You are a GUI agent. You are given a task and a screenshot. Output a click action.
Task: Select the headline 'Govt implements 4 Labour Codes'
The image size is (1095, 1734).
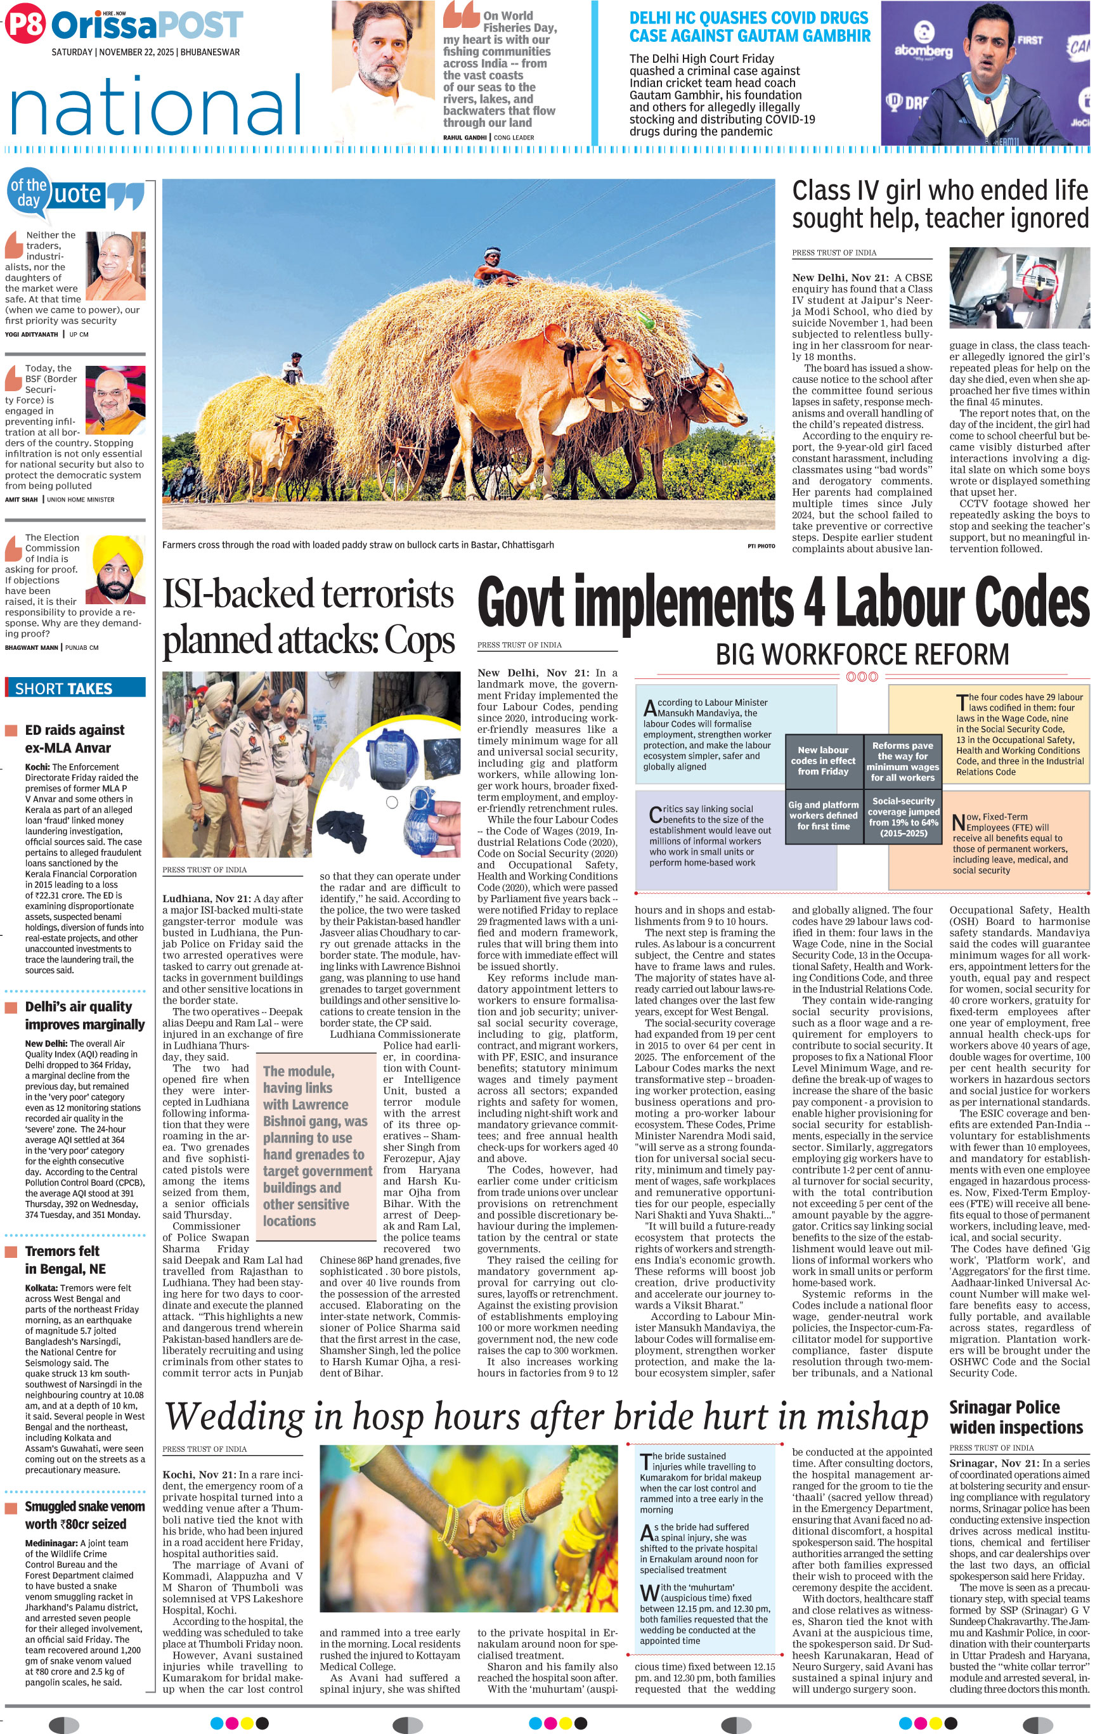783,603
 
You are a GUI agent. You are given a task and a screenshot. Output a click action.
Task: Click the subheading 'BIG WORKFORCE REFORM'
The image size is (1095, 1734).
862,654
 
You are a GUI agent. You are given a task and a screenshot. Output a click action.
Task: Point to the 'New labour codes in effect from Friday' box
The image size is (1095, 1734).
823,760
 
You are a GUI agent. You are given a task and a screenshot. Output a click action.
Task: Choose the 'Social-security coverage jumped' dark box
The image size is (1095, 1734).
903,817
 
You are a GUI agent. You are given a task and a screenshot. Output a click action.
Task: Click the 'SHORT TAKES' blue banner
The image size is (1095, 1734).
75,688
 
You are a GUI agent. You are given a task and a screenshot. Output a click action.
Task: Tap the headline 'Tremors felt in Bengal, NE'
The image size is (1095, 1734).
63,1260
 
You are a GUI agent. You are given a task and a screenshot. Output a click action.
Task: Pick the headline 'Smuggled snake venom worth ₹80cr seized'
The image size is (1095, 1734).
85,1515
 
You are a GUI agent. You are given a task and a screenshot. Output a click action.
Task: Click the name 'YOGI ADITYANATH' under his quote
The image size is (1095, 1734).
32,334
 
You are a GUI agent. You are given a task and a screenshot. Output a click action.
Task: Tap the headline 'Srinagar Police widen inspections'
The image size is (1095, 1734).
1015,1417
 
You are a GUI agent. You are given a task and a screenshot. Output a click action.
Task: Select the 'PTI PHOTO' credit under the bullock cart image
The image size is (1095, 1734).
761,546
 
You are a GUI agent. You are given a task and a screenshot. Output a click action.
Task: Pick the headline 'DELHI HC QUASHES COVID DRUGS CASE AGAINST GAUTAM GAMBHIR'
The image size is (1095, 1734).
749,27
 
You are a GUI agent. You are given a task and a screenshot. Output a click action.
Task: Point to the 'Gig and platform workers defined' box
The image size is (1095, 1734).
823,815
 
